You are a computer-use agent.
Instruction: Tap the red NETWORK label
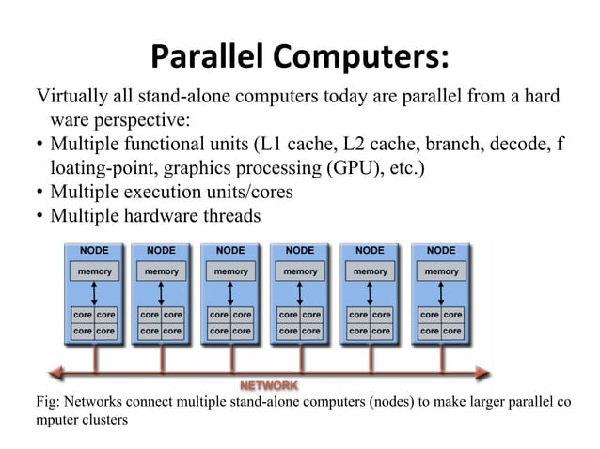(270, 385)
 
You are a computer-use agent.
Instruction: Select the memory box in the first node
(92, 271)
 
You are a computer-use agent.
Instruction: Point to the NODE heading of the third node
(230, 251)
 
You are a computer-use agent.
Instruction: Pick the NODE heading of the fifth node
(370, 251)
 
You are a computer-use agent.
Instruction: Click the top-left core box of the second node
(150, 315)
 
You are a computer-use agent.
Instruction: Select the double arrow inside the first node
(93, 292)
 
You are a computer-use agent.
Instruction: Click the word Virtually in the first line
(67, 97)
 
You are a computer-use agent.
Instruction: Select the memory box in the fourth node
(300, 271)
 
